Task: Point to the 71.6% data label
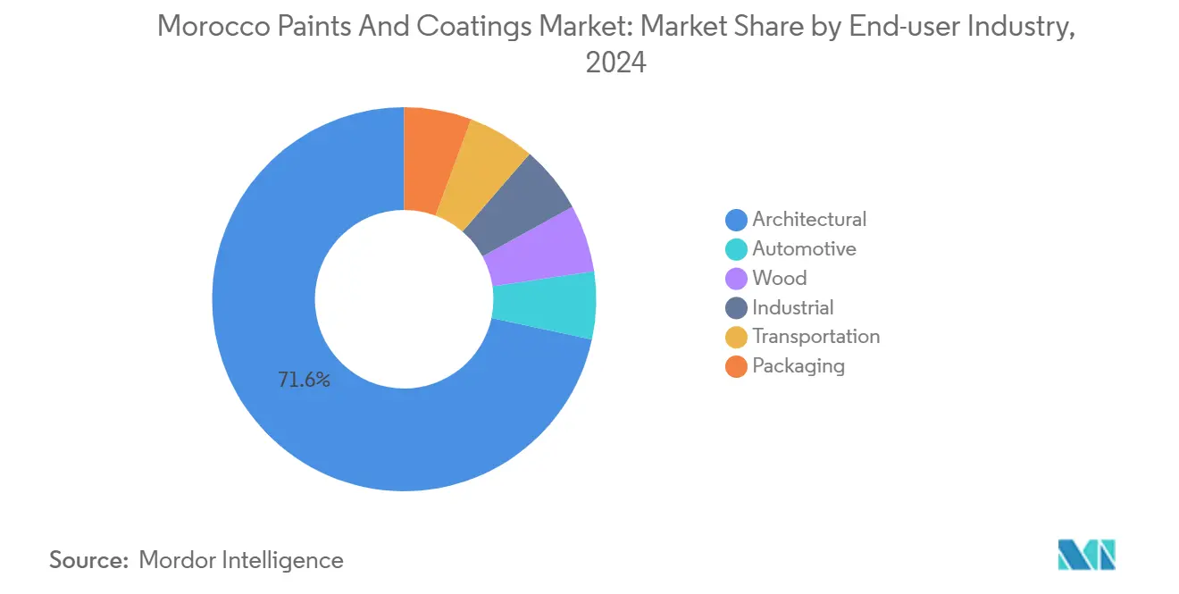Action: click(x=304, y=381)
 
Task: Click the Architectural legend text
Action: click(x=809, y=220)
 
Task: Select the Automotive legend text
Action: click(x=804, y=249)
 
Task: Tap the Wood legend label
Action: click(x=779, y=279)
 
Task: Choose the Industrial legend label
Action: click(x=792, y=308)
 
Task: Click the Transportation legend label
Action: click(x=815, y=337)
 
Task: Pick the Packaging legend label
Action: click(x=798, y=366)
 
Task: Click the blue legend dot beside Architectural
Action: click(x=736, y=220)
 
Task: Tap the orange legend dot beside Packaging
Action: click(x=736, y=366)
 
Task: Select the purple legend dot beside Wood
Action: click(x=736, y=279)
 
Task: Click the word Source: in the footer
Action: click(x=88, y=560)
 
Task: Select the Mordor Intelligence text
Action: click(x=241, y=560)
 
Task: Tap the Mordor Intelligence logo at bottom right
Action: click(x=1086, y=555)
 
